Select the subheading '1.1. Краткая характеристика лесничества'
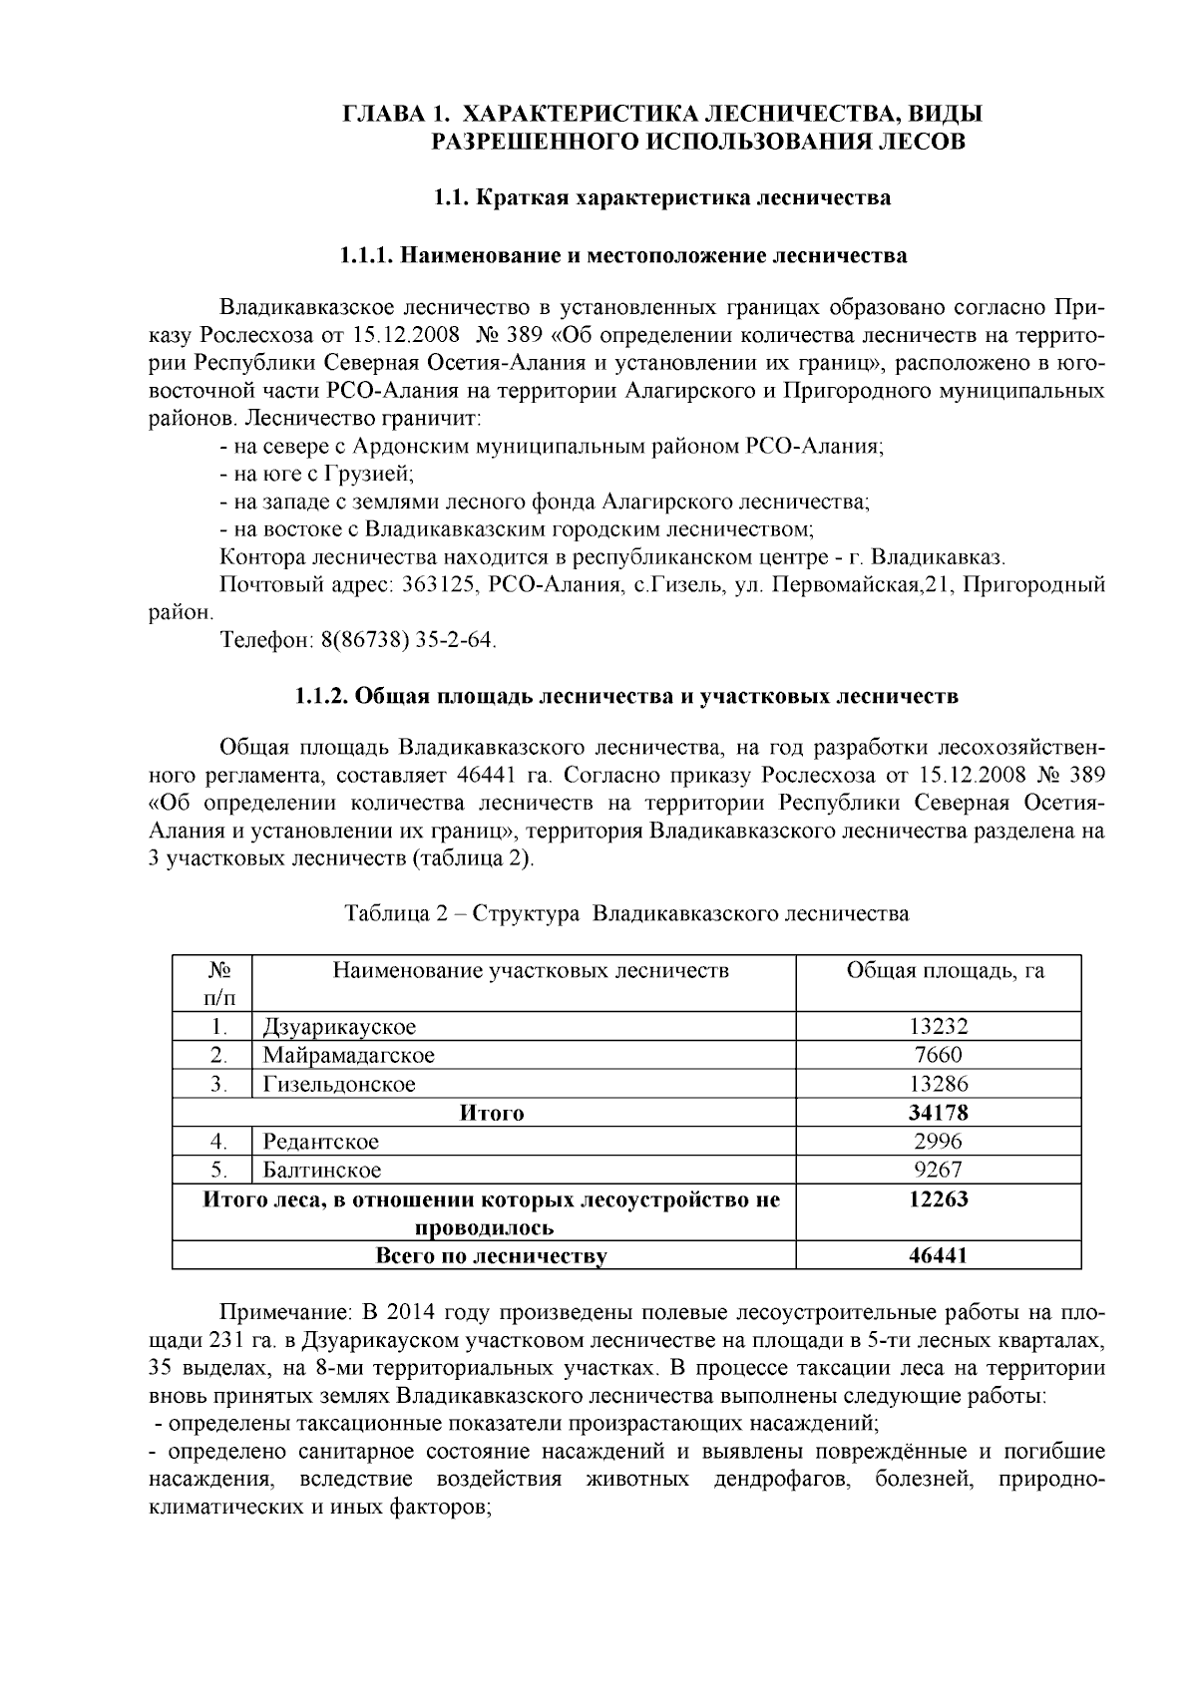pyautogui.click(x=662, y=197)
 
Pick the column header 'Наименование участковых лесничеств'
pyautogui.click(x=531, y=970)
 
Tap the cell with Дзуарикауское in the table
pyautogui.click(x=339, y=1027)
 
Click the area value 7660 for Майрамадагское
pyautogui.click(x=938, y=1055)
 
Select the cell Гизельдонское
pyautogui.click(x=339, y=1084)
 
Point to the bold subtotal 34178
pyautogui.click(x=938, y=1113)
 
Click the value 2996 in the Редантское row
pyautogui.click(x=938, y=1142)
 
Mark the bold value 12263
pyautogui.click(x=938, y=1199)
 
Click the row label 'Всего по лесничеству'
pyautogui.click(x=491, y=1256)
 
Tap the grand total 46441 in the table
pyautogui.click(x=938, y=1256)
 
